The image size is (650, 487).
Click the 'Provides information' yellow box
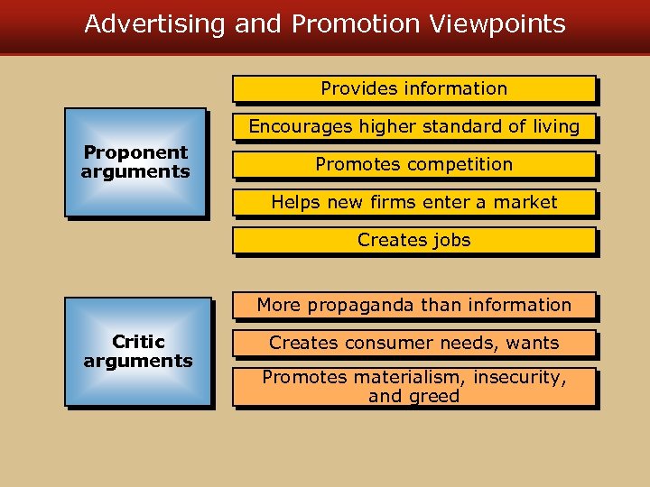pyautogui.click(x=414, y=89)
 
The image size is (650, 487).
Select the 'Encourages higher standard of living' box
pyautogui.click(x=414, y=127)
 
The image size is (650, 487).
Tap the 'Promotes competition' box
pyautogui.click(x=414, y=165)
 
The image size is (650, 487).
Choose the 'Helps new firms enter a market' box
pyautogui.click(x=414, y=203)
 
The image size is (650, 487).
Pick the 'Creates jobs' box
pyautogui.click(x=414, y=241)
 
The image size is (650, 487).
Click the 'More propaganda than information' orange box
pyautogui.click(x=414, y=306)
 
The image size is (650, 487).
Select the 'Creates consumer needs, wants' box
pyautogui.click(x=414, y=344)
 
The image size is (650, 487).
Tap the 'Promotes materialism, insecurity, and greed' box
pyautogui.click(x=414, y=387)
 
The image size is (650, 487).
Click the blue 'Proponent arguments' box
pyautogui.click(x=135, y=162)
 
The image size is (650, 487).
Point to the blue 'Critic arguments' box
pyautogui.click(x=138, y=352)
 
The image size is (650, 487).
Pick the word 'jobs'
pyautogui.click(x=450, y=241)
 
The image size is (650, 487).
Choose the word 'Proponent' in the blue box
pyautogui.click(x=135, y=152)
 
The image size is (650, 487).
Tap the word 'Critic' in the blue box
pyautogui.click(x=138, y=342)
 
